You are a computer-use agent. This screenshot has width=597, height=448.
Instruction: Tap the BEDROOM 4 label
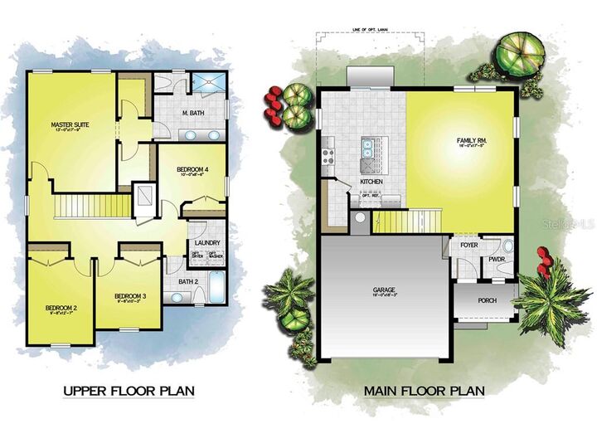pos(192,169)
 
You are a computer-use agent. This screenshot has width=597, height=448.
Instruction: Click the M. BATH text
pos(193,113)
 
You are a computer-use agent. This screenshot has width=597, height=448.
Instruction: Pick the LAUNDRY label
pos(206,243)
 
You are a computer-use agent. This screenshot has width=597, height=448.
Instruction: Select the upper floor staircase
pos(93,204)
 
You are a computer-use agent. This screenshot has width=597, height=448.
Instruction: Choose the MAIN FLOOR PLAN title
pos(423,390)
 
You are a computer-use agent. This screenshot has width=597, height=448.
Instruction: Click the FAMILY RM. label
pos(470,141)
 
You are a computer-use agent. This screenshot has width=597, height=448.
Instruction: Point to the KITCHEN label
pos(370,181)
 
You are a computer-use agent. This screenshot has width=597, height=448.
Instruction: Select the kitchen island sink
pos(366,150)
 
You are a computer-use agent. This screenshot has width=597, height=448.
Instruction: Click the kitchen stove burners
pos(328,153)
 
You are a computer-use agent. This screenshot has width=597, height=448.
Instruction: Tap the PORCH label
pos(488,299)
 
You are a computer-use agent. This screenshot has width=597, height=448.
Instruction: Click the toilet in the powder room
pos(507,246)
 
